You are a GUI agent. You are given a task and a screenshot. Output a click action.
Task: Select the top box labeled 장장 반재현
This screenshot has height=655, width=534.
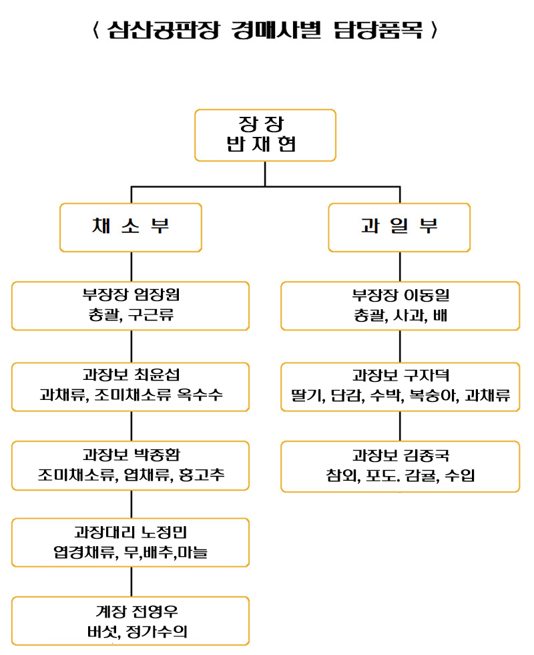tap(265, 135)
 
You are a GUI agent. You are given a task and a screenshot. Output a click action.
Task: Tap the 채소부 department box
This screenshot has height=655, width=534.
tap(131, 227)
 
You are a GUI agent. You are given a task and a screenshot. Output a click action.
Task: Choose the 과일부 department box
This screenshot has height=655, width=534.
tap(399, 227)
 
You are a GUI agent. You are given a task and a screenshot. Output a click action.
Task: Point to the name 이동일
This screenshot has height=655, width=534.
tap(427, 295)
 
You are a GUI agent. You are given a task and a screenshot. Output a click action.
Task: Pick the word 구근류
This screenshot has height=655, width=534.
tap(151, 314)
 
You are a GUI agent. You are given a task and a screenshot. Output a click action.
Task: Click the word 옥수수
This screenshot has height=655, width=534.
tap(200, 395)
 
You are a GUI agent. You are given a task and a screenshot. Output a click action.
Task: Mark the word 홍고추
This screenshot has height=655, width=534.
tap(202, 475)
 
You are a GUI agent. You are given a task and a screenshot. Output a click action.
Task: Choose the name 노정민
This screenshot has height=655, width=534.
tap(164, 532)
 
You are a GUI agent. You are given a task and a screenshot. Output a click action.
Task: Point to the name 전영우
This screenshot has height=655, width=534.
tap(155, 612)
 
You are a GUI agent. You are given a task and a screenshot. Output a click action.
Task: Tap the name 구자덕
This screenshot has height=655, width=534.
tap(427, 375)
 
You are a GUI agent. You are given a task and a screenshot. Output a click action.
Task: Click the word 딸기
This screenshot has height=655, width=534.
tap(306, 395)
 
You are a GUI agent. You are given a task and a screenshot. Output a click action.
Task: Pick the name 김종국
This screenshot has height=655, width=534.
tap(427, 455)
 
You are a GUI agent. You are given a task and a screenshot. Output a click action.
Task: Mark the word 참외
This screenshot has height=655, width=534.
tap(342, 475)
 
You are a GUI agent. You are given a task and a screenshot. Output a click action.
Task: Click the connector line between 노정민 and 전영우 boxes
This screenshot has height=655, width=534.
tap(131, 582)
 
